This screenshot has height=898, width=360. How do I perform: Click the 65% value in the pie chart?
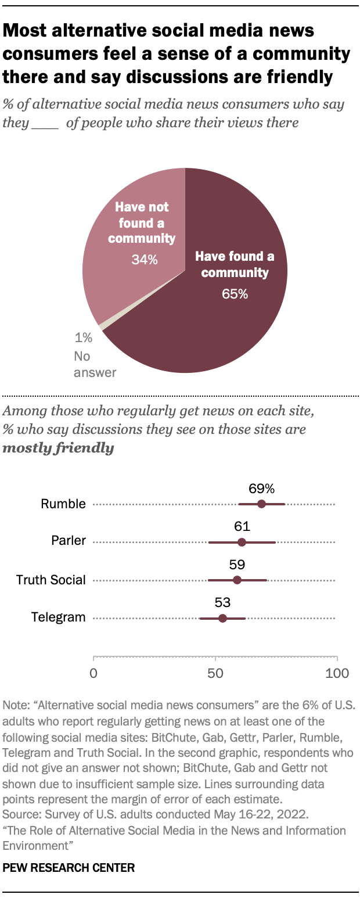tap(235, 294)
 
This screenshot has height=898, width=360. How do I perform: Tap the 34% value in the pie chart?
tap(143, 260)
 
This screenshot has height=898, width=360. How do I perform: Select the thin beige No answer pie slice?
tap(102, 326)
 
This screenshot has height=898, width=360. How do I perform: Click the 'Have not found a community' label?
tap(142, 222)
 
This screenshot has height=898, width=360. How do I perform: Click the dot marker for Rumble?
tap(261, 504)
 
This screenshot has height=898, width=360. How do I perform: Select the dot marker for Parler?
tap(242, 542)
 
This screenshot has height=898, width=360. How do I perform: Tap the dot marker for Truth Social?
tap(237, 580)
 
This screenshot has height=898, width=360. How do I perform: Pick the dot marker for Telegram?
tap(222, 617)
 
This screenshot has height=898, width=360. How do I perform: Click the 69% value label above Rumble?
tap(261, 488)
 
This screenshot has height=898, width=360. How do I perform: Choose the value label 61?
tap(242, 527)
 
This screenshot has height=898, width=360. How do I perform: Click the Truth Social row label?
tap(51, 580)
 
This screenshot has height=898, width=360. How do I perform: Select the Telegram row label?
tap(59, 617)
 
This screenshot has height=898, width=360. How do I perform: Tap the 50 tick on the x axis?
tap(215, 673)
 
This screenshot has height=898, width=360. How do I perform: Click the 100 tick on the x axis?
tap(337, 673)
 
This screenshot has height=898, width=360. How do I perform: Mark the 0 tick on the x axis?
tap(93, 673)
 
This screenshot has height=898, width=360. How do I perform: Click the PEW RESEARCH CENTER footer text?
tap(69, 868)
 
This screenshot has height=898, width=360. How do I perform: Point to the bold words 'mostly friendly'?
tap(58, 448)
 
